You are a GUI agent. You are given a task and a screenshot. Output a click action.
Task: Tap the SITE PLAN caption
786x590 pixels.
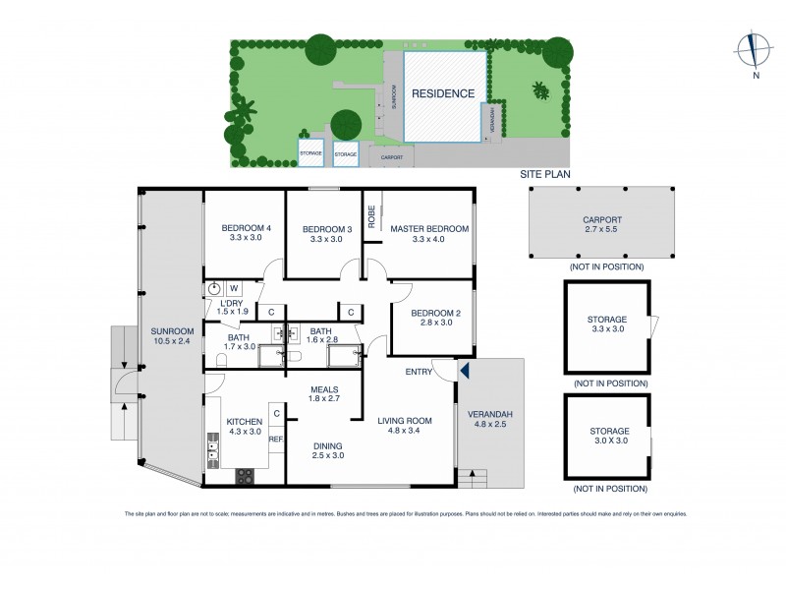pos(545,174)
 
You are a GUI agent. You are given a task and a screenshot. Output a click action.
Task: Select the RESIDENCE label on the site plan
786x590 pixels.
pos(443,94)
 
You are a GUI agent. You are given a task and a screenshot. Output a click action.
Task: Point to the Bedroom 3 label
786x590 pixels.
pos(324,229)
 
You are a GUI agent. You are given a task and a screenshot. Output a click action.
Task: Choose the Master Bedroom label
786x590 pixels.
pos(429,229)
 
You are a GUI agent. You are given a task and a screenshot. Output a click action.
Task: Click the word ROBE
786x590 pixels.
pos(372,217)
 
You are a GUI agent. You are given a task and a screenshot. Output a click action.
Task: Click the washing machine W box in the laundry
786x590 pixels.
pos(234,288)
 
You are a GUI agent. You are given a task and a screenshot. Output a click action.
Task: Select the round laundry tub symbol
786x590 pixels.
pos(214,289)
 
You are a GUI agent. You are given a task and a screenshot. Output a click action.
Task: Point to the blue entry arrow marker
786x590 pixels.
pos(465,371)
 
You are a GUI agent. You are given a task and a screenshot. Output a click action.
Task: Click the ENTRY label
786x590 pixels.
pos(420,371)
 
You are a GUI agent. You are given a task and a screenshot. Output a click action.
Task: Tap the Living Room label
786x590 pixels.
pos(406,420)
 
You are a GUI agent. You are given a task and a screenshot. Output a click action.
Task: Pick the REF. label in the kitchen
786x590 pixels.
pos(276,440)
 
